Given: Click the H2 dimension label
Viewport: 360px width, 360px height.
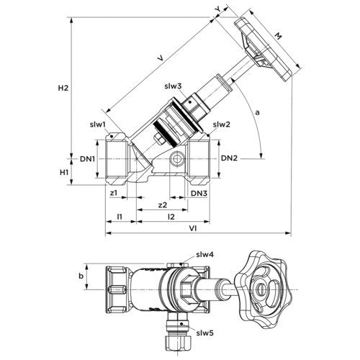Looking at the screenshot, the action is pyautogui.click(x=63, y=88).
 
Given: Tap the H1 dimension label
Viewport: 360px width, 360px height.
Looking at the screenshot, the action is pyautogui.click(x=64, y=172).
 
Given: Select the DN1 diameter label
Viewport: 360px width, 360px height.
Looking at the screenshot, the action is pyautogui.click(x=87, y=158).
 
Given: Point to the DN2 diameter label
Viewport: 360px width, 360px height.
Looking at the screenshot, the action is pyautogui.click(x=229, y=158).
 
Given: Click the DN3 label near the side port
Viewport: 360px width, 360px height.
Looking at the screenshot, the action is pyautogui.click(x=199, y=193).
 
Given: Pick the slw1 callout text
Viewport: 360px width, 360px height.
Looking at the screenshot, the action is pyautogui.click(x=98, y=125).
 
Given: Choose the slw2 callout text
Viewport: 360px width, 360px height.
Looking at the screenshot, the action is pyautogui.click(x=222, y=125).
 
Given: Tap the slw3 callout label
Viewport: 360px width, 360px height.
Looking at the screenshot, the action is pyautogui.click(x=173, y=86).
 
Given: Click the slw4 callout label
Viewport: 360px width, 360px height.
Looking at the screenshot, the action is pyautogui.click(x=204, y=255).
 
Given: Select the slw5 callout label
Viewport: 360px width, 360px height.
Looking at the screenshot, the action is pyautogui.click(x=204, y=333).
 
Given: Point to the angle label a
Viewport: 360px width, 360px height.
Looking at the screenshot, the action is pyautogui.click(x=257, y=112).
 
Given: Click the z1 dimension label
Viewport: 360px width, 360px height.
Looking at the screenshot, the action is pyautogui.click(x=114, y=193).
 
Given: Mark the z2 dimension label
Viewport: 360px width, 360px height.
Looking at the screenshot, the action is pyautogui.click(x=163, y=204).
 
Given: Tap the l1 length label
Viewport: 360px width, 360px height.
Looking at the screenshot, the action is pyautogui.click(x=120, y=217).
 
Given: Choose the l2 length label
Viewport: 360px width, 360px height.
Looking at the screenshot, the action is pyautogui.click(x=171, y=217).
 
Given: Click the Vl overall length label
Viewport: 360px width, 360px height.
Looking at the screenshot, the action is pyautogui.click(x=193, y=229).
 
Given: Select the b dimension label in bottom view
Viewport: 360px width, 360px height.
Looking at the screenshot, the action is pyautogui.click(x=81, y=276).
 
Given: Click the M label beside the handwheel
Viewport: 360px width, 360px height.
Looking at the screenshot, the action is pyautogui.click(x=278, y=36).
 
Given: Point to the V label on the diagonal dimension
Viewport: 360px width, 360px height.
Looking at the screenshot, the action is pyautogui.click(x=161, y=58).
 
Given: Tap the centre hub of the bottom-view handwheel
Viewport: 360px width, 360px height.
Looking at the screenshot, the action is pyautogui.click(x=261, y=287).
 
